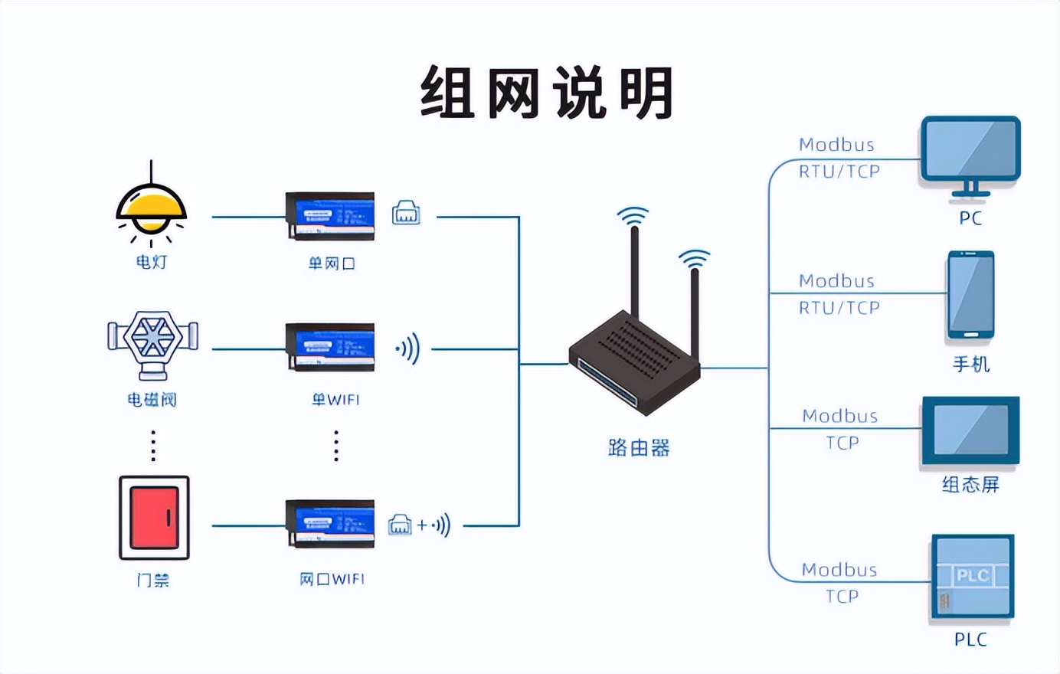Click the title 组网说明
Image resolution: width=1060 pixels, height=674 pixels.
point(547,93)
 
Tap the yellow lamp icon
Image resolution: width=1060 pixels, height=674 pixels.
point(151,208)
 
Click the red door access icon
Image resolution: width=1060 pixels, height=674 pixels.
point(154,518)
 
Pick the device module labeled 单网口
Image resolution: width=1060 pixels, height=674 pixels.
point(330,216)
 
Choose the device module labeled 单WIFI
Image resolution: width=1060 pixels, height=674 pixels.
point(330,348)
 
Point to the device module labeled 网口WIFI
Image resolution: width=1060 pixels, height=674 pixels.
point(330,524)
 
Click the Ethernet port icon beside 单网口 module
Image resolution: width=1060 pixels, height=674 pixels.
point(406,213)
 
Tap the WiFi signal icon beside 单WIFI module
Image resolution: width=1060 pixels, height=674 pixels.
point(408,349)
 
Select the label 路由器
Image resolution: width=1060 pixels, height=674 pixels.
point(639,448)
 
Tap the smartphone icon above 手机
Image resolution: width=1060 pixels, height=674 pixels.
point(970,295)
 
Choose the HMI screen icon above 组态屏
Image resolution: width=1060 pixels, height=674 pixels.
point(970,430)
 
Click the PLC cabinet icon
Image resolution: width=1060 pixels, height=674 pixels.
point(972,577)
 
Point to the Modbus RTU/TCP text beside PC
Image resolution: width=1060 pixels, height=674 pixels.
point(839,158)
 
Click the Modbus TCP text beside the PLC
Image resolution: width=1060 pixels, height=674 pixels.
point(840,583)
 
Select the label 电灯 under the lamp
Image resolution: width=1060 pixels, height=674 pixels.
point(152,262)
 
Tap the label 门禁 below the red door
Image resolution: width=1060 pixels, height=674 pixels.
point(152,581)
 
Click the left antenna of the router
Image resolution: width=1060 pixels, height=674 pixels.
point(634,268)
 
